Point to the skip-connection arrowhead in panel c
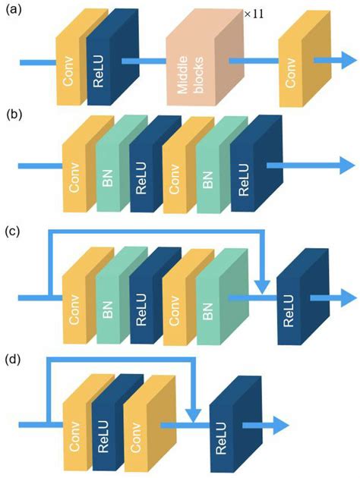tap(262, 286)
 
